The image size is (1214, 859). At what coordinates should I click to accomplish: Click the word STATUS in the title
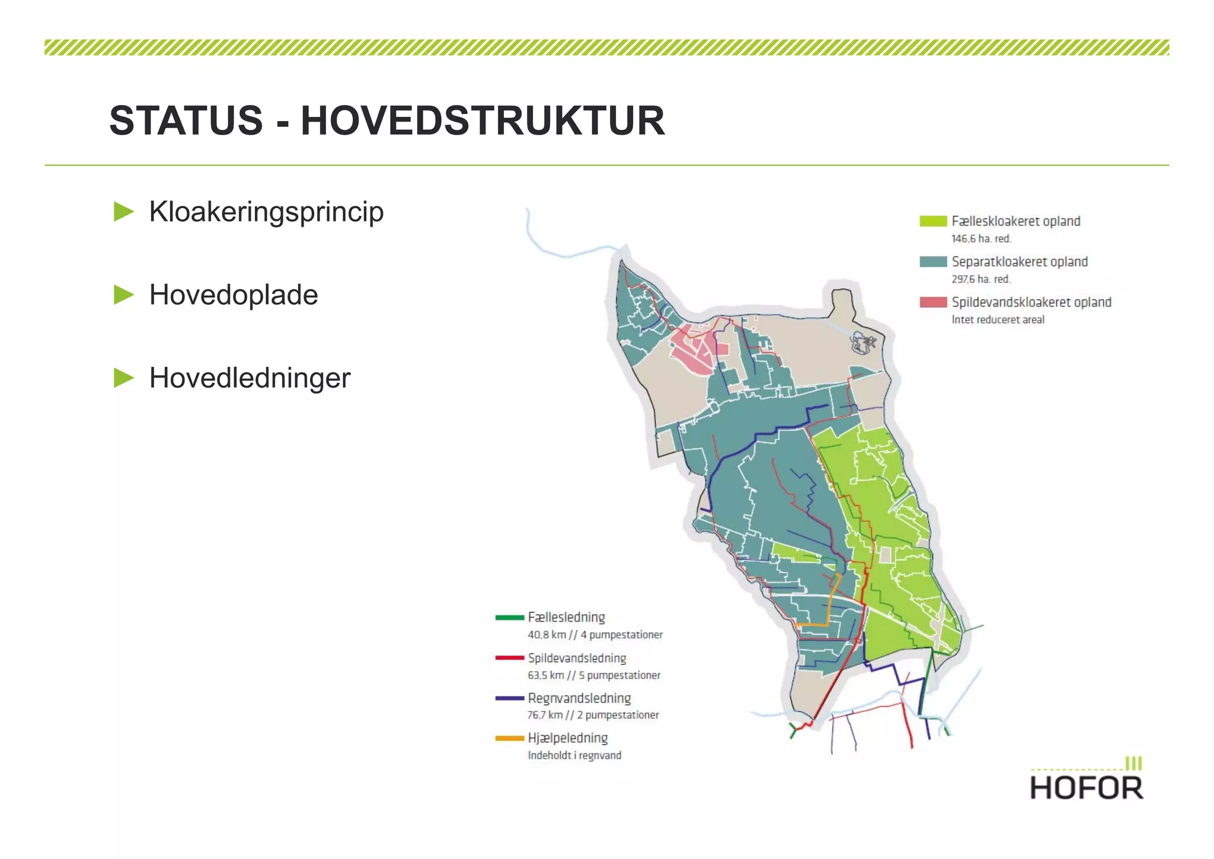186,121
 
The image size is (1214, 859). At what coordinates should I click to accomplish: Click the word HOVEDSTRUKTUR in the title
483,121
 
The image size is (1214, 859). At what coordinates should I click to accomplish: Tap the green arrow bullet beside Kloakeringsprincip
124,212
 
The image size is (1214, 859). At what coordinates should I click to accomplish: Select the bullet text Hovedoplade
234,295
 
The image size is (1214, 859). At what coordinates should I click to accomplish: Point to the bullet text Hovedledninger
250,378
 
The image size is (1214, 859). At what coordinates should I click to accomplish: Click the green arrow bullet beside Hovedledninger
124,378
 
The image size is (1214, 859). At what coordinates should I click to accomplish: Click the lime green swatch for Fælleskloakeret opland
932,221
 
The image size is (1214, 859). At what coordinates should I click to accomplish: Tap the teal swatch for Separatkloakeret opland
932,262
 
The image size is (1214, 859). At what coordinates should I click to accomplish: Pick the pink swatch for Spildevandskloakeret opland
932,302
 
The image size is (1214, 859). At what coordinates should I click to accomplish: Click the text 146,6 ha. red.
981,238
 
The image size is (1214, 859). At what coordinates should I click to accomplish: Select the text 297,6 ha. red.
981,279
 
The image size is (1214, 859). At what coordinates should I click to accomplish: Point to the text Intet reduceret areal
998,320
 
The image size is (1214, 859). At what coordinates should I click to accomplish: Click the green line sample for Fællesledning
509,618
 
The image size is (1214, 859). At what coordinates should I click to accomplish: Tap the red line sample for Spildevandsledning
509,658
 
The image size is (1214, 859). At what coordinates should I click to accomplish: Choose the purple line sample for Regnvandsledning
509,698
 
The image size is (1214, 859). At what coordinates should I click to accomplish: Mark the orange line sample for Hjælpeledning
509,739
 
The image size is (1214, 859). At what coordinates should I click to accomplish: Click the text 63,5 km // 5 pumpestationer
594,675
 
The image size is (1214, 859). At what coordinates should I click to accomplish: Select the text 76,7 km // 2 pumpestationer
593,715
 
